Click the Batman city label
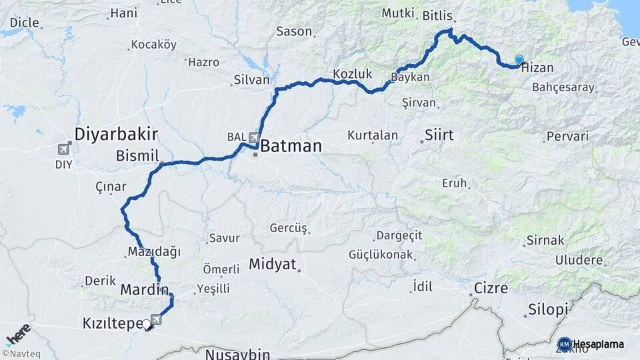[291, 146]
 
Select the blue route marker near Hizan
[519, 59]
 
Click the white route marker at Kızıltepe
[146, 324]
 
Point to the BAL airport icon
[254, 137]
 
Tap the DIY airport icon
[65, 148]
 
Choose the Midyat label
[272, 264]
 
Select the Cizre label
[491, 289]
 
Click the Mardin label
[142, 290]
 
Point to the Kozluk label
[352, 73]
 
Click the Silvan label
[251, 80]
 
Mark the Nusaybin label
[237, 353]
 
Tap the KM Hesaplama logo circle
[564, 344]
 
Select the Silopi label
[548, 309]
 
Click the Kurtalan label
[373, 135]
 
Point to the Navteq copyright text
[19, 353]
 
